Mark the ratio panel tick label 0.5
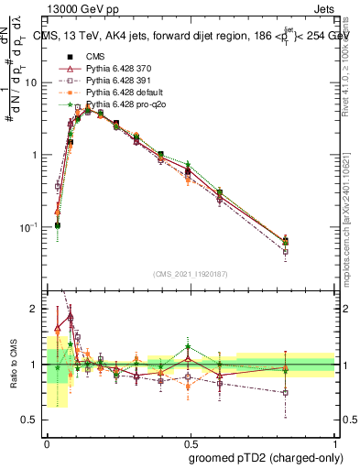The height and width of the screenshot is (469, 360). click(x=30, y=420)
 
